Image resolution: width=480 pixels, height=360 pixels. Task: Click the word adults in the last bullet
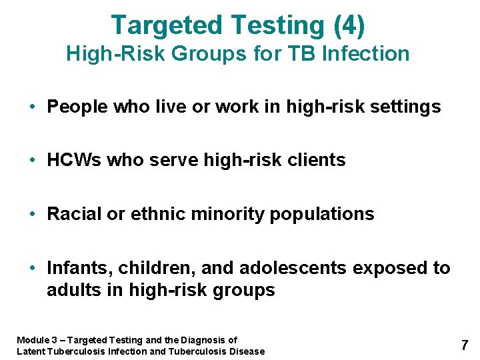coord(70,291)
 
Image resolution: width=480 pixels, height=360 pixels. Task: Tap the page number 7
coord(464,345)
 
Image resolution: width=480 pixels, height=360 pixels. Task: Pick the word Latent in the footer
coord(31,351)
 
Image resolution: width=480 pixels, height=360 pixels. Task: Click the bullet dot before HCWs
coord(32,161)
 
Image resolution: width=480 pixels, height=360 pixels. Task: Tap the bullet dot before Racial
coord(32,214)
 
